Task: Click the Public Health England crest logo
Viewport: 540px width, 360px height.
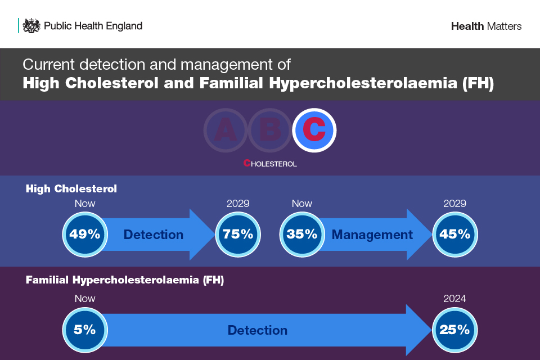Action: click(31, 26)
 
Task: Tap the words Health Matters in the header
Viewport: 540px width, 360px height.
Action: click(486, 26)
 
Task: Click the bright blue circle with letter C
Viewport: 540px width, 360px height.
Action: click(314, 130)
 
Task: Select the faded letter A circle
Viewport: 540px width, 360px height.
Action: click(226, 130)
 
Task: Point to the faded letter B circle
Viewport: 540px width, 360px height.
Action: click(270, 130)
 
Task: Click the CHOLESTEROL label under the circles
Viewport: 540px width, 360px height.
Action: click(270, 163)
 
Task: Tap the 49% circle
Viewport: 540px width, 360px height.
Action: click(85, 234)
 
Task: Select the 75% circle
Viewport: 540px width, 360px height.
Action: click(238, 234)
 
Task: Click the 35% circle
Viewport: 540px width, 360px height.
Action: click(302, 234)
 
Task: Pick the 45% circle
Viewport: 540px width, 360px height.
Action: click(455, 234)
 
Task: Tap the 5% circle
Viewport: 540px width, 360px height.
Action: click(85, 330)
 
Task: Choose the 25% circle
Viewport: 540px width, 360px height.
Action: click(454, 330)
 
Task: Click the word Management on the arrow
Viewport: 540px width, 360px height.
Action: click(372, 235)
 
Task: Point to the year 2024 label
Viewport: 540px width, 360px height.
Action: click(454, 298)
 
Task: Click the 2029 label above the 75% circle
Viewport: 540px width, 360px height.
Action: click(238, 203)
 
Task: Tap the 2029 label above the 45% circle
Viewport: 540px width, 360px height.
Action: click(454, 203)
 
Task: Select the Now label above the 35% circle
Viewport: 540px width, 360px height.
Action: click(302, 203)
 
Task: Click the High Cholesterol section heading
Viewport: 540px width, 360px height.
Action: click(71, 189)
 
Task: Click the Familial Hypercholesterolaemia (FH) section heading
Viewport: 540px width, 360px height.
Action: click(125, 280)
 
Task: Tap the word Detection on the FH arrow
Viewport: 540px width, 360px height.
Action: click(258, 330)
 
